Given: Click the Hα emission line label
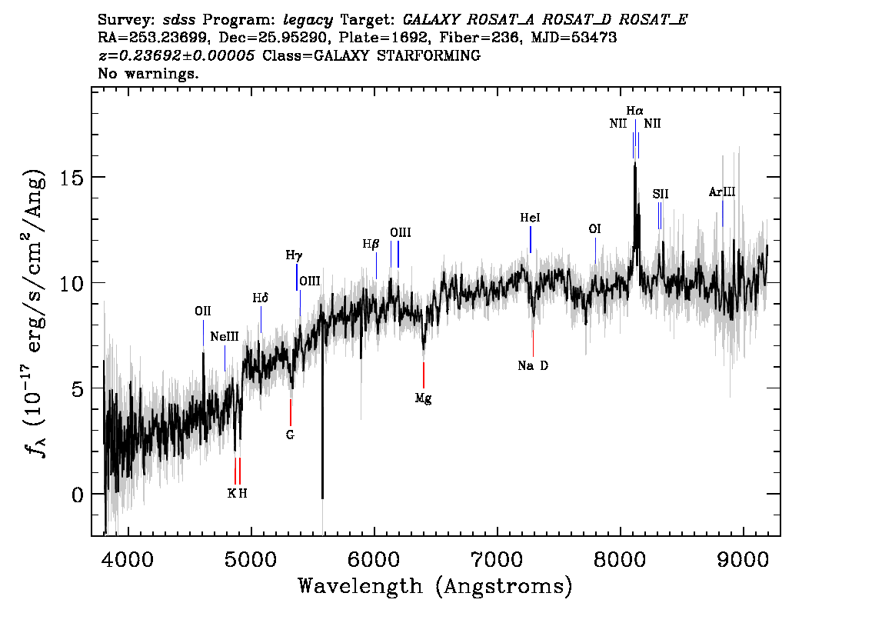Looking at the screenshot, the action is pyautogui.click(x=634, y=111).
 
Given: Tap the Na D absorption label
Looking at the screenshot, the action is pyautogui.click(x=533, y=365).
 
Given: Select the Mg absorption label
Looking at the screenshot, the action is pyautogui.click(x=423, y=398).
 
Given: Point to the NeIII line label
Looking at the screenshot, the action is pyautogui.click(x=224, y=337).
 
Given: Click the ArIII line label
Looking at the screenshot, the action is pyautogui.click(x=722, y=192).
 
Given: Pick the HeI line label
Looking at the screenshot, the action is pyautogui.click(x=530, y=218).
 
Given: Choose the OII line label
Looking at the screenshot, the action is pyautogui.click(x=203, y=311).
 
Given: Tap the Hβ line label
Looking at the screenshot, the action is pyautogui.click(x=371, y=244).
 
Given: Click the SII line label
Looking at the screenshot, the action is pyautogui.click(x=660, y=194).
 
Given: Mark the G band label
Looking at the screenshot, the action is pyautogui.click(x=290, y=435).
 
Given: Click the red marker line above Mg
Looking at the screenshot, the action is pyautogui.click(x=424, y=375).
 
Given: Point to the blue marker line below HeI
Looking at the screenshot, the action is pyautogui.click(x=531, y=239).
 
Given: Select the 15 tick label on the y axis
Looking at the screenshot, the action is pyautogui.click(x=72, y=178).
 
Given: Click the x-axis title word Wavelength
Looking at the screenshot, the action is pyautogui.click(x=360, y=586).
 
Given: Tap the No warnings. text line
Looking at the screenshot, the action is pyautogui.click(x=148, y=73).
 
